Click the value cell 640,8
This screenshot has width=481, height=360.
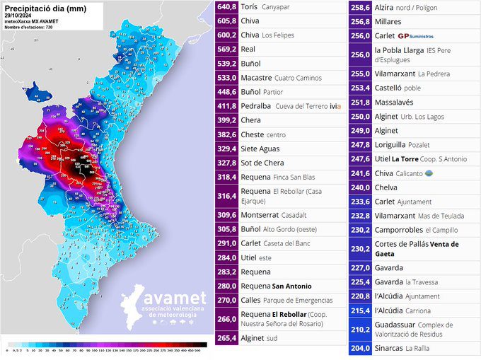tap(226, 7)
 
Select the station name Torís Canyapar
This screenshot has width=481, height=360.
tap(265, 7)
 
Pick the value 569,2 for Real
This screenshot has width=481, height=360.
tap(226, 50)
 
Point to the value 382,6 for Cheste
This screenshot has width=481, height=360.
tap(226, 134)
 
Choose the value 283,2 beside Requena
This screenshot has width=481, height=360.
tap(226, 272)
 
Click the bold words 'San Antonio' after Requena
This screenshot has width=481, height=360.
tap(291, 286)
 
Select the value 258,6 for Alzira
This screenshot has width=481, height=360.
tap(361, 7)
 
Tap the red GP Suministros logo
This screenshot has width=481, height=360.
tap(416, 35)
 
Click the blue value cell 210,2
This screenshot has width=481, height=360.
tap(361, 329)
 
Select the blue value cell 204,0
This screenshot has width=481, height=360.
tap(361, 348)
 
